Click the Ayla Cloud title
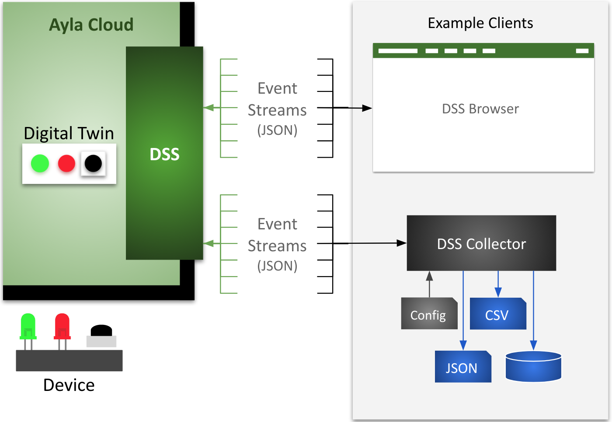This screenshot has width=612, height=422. point(91,25)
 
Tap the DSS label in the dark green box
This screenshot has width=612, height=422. point(164,154)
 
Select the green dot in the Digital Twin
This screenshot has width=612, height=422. point(40,164)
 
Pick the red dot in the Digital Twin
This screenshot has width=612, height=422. point(66,164)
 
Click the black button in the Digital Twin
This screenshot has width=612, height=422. point(93,164)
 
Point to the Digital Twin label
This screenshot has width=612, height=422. point(69,133)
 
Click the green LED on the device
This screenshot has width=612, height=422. point(28,326)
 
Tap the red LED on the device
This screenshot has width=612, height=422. point(62,326)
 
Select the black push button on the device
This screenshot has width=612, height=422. point(101,331)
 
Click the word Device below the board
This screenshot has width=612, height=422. point(69,385)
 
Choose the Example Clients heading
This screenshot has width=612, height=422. point(480,23)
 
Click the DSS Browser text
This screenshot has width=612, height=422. point(480,109)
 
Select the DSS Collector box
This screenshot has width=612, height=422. point(481,243)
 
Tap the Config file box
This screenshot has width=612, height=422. point(429,314)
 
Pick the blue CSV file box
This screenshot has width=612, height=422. point(497,314)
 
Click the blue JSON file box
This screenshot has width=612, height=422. point(462,367)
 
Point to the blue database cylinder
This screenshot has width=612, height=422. point(533,366)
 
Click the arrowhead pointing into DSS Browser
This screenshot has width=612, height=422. point(367,108)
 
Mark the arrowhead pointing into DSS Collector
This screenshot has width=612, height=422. point(401,243)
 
